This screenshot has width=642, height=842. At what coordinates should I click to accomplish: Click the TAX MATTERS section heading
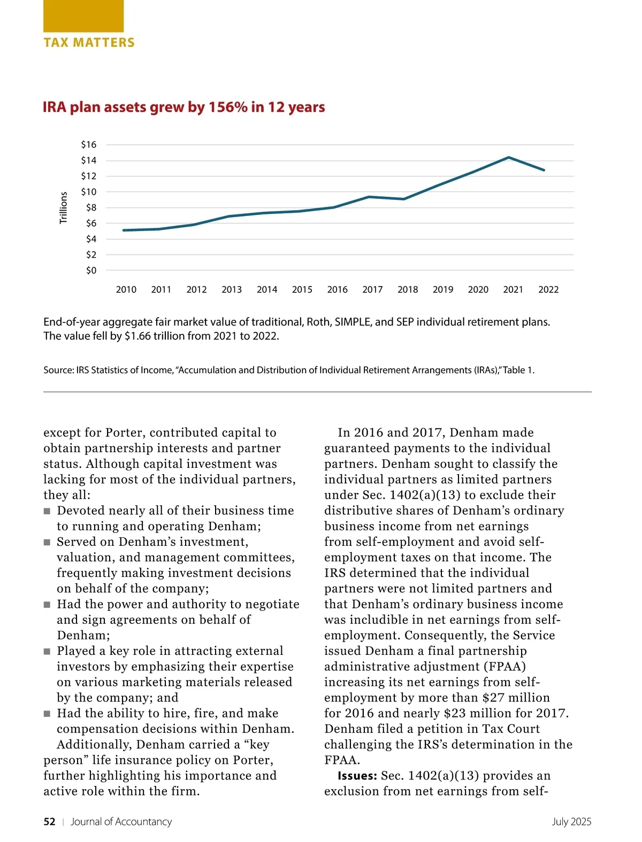pos(89,43)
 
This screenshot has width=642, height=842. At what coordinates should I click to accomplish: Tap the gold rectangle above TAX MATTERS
pos(83,16)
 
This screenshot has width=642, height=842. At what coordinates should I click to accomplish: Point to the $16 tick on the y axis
pos(89,144)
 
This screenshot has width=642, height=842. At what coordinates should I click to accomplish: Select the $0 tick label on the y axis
pos(91,271)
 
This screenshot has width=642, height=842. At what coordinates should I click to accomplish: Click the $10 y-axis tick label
pos(89,192)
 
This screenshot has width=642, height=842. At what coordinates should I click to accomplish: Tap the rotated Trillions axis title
pos(64,208)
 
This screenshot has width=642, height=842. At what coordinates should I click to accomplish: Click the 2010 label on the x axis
pos(126,290)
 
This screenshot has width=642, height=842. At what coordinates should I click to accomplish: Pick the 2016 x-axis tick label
pos(337,290)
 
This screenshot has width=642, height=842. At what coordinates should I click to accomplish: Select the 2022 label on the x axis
pos(548,290)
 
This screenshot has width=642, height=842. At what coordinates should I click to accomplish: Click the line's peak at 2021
pos(509,157)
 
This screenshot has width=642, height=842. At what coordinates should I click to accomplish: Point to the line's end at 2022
pos(544,170)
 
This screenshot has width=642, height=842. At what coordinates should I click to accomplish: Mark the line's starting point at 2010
pos(124,230)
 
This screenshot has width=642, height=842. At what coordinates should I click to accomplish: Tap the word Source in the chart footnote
pos(58,370)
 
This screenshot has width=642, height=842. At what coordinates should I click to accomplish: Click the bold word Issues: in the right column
pos(357,776)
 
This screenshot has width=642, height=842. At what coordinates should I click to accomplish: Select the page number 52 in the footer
pos(49,822)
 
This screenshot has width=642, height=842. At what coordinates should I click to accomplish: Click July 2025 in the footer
pos(571,822)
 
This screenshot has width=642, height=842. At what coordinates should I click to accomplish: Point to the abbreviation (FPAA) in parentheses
pos(505,667)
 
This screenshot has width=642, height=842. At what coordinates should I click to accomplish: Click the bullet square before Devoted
pos(47,511)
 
